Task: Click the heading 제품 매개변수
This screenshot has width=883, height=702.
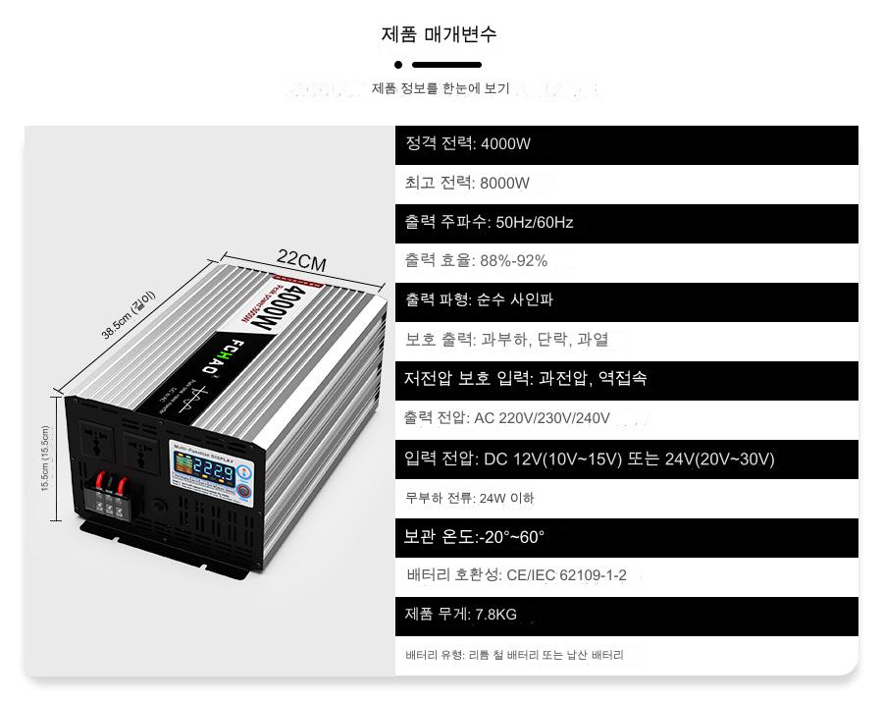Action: click(x=439, y=34)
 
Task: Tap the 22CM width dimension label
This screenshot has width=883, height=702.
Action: click(x=301, y=260)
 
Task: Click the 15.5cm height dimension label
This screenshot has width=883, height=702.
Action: click(x=45, y=459)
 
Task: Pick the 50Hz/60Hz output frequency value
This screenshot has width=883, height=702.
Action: click(x=534, y=223)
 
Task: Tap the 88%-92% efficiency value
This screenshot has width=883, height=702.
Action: click(x=514, y=261)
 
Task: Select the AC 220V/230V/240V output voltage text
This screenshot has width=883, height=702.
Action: click(x=542, y=418)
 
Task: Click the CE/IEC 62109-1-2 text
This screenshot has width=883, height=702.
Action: click(x=566, y=575)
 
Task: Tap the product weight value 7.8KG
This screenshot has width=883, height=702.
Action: click(x=495, y=615)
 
